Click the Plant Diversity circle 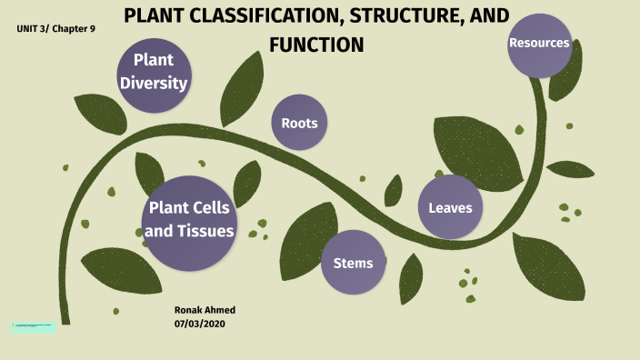(x=154, y=73)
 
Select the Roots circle (x=299, y=123)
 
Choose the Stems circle (x=353, y=263)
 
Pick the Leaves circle (x=450, y=207)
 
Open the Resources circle (x=539, y=44)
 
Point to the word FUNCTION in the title (x=316, y=44)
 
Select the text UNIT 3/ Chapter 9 (x=55, y=29)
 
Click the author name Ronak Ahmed (x=205, y=310)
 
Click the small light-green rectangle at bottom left (x=33, y=325)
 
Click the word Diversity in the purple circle (x=154, y=84)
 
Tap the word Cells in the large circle (x=209, y=208)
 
